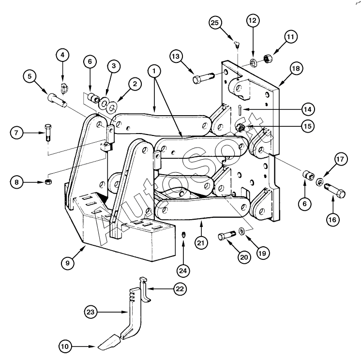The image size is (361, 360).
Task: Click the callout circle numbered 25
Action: [216, 23]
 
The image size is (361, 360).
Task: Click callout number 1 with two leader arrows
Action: [155, 71]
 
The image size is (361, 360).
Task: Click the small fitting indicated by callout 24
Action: [183, 235]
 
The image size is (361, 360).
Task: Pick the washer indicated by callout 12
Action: [253, 62]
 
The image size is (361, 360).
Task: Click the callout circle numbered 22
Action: [179, 289]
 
